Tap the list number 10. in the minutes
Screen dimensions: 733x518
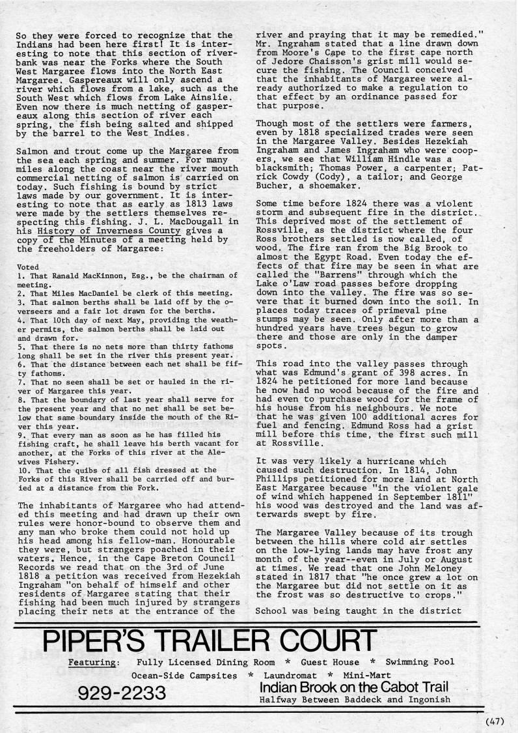(x=21, y=451)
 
